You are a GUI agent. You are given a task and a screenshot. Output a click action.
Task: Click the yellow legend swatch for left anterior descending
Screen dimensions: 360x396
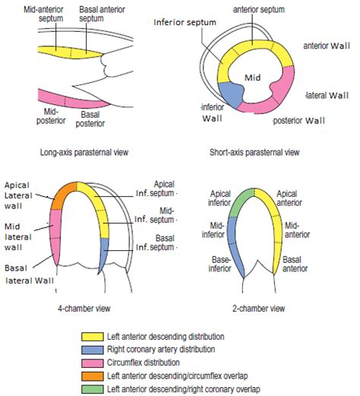click(93, 337)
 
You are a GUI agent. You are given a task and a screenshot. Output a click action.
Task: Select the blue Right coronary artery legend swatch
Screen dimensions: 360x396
click(93, 350)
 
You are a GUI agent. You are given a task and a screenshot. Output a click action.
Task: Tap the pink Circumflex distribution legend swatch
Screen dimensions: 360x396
click(93, 363)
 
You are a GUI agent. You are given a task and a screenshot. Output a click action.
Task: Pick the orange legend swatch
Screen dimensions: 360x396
click(93, 376)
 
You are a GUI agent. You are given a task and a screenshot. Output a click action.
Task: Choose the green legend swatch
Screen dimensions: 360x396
click(93, 389)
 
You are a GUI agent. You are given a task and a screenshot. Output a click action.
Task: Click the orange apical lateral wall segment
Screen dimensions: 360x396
click(62, 196)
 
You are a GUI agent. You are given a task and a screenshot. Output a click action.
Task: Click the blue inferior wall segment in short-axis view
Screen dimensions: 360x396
click(230, 94)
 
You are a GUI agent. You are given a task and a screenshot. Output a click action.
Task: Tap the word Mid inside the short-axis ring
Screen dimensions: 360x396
click(252, 78)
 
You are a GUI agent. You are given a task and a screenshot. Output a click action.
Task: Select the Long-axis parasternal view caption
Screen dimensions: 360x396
click(84, 152)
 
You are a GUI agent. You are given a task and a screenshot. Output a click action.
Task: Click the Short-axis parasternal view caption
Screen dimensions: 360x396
click(254, 152)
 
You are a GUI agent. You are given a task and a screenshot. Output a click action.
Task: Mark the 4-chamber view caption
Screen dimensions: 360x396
click(84, 309)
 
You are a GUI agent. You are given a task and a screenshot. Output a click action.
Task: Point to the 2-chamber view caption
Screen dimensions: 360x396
click(259, 309)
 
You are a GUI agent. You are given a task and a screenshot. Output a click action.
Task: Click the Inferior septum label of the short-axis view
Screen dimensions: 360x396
click(185, 22)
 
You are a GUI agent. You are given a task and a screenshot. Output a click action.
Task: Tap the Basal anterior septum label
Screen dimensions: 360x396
click(102, 14)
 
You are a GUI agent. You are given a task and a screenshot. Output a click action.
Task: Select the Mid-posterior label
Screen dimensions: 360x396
click(51, 116)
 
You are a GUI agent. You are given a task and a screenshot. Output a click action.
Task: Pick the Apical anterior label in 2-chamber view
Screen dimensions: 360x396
click(289, 198)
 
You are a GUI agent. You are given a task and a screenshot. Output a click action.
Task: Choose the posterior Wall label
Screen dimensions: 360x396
click(298, 120)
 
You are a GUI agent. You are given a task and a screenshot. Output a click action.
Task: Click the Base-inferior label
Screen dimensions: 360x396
click(219, 264)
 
